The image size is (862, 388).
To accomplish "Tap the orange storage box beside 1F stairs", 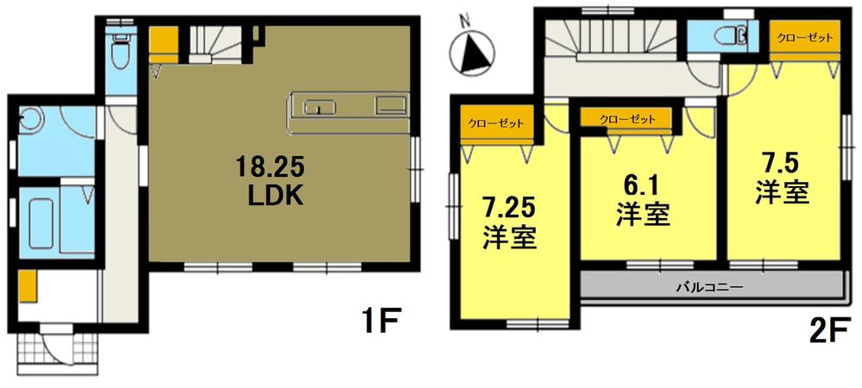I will pos(163,41).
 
